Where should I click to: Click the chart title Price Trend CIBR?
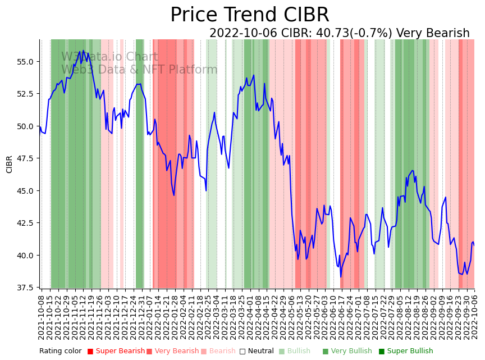249,15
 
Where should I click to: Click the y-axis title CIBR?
10,164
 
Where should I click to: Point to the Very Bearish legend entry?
176,351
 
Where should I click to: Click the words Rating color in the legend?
61,351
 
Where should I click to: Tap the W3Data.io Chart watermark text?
110,57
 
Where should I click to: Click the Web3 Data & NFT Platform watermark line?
139,70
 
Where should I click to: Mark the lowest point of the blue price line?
341,276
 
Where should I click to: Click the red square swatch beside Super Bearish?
90,352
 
